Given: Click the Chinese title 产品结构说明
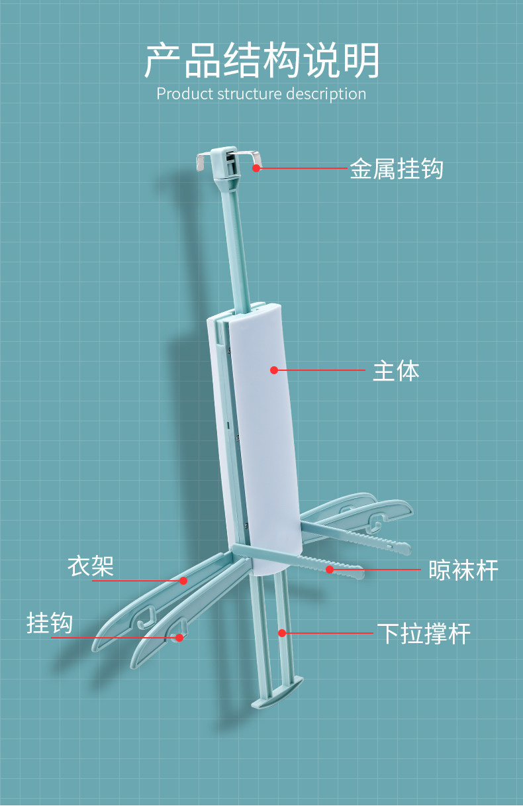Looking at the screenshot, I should click(261, 61).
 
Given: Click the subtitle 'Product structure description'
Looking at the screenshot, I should click(261, 93).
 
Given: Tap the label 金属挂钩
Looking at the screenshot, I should click(396, 169).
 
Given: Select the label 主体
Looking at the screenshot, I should click(396, 371).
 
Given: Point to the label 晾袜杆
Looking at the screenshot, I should click(463, 570).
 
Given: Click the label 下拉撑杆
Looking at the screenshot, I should click(424, 634).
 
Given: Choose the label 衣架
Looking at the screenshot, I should click(91, 566).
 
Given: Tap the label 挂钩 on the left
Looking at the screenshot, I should click(50, 623).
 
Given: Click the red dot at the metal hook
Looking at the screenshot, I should click(256, 168).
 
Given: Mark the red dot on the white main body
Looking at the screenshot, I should click(274, 370).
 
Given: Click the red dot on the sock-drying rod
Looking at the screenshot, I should click(329, 569).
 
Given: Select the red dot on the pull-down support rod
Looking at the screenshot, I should click(281, 633).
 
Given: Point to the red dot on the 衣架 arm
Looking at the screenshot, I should click(183, 581).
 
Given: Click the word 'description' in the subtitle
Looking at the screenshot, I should click(326, 93).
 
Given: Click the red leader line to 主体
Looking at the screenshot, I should click(321, 370).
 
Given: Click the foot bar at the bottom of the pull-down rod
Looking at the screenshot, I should click(277, 692).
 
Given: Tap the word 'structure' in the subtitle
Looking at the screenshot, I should click(248, 93).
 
